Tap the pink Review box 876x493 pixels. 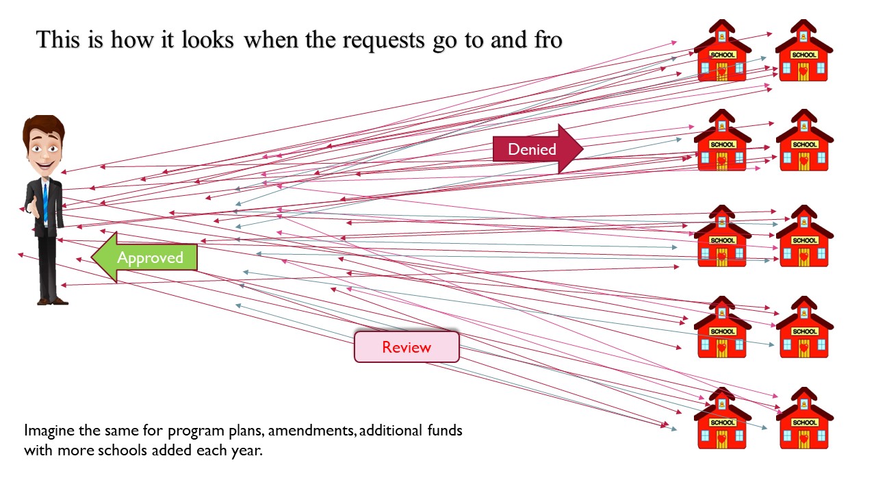click(x=406, y=346)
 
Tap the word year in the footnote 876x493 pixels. click(x=246, y=451)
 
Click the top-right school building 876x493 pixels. click(x=803, y=51)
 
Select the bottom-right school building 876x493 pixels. click(x=803, y=418)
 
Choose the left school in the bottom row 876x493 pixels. click(x=722, y=418)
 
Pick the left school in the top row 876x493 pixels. click(x=722, y=51)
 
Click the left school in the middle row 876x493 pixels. click(x=722, y=236)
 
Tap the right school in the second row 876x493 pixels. click(x=803, y=141)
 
